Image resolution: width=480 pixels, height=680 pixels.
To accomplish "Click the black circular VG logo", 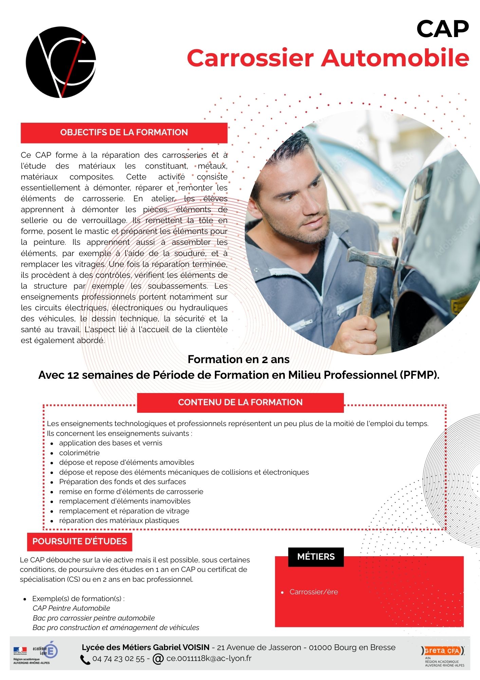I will (x=61, y=62).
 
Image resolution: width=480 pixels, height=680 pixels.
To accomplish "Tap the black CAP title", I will (x=442, y=29).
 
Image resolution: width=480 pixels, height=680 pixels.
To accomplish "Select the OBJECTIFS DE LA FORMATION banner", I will (x=124, y=133).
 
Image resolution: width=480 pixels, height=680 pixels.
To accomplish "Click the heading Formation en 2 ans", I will (x=238, y=359).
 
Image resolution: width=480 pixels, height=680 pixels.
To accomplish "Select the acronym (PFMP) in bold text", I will (x=419, y=375).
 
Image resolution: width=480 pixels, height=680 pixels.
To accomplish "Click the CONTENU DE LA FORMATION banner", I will (x=240, y=403).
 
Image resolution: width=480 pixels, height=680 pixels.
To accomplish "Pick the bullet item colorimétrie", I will (x=79, y=453).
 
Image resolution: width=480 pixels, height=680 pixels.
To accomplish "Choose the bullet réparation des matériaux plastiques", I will (x=119, y=520).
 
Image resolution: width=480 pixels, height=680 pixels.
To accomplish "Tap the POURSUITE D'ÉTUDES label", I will (x=79, y=541).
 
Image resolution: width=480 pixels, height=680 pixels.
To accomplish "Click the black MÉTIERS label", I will (x=316, y=557).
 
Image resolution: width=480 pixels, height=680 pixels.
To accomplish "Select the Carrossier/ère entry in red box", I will (x=313, y=592).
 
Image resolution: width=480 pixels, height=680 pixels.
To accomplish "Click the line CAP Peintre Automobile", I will (x=71, y=608).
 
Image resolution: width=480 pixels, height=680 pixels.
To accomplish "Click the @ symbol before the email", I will (x=158, y=659).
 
